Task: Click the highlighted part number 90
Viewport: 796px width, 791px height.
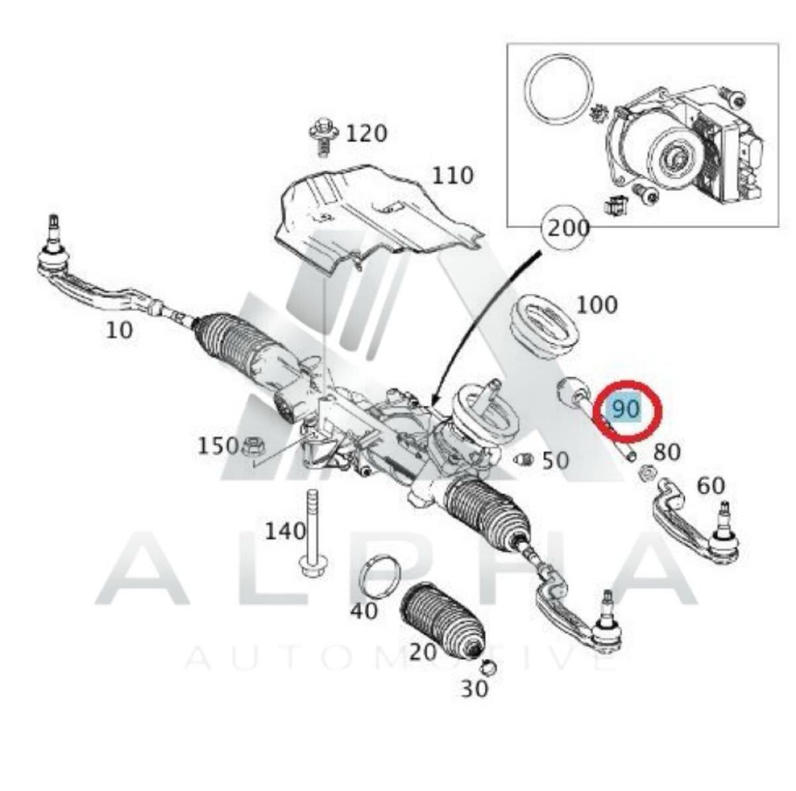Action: click(x=626, y=409)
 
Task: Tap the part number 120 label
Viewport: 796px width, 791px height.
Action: click(x=366, y=134)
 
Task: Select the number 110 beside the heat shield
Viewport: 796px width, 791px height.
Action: click(x=452, y=176)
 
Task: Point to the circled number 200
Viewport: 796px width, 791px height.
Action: click(x=568, y=228)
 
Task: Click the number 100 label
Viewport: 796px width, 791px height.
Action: click(x=596, y=305)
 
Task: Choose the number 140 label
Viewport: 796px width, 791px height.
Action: click(x=285, y=532)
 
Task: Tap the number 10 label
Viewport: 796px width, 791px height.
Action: click(x=119, y=330)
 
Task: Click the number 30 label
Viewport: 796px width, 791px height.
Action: click(x=474, y=689)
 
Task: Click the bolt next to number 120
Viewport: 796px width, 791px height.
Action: click(x=324, y=138)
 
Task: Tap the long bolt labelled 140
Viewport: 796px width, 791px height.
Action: click(x=312, y=534)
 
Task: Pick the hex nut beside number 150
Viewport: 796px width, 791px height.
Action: click(x=252, y=446)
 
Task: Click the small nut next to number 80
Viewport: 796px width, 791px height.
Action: click(x=646, y=471)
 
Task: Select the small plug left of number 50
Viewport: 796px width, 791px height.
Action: click(x=523, y=459)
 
